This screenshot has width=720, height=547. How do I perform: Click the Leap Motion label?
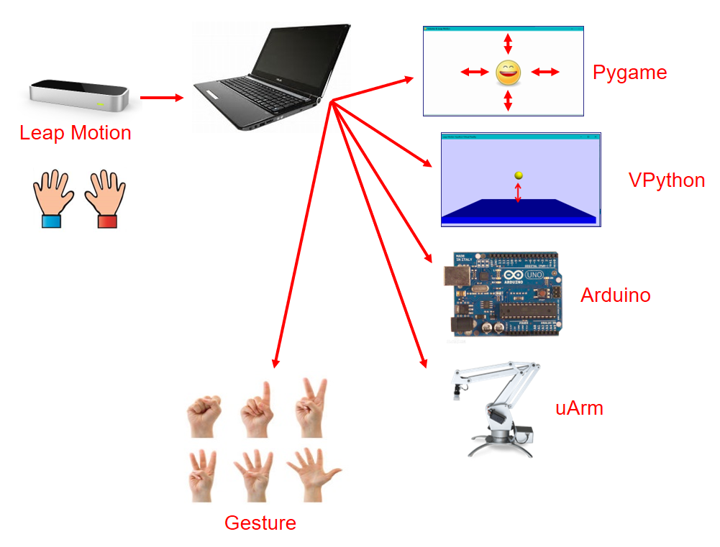76,133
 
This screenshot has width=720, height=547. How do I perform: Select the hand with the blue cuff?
53,198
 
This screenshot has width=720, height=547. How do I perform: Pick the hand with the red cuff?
105,198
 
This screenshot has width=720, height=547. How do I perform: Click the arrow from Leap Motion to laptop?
162,97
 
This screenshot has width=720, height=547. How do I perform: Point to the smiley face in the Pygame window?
508,72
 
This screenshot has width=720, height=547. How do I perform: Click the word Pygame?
630,73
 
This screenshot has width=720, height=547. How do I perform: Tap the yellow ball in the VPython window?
519,175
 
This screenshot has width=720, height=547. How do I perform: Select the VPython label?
667,180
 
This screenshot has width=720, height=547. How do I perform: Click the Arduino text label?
616,295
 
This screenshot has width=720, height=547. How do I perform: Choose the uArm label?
579,408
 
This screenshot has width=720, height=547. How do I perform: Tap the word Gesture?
260,523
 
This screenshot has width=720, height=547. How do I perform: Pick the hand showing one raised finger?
256,410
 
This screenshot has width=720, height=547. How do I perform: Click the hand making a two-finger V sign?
311,408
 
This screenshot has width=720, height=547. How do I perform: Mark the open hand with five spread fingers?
314,474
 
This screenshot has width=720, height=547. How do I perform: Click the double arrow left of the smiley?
474,72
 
